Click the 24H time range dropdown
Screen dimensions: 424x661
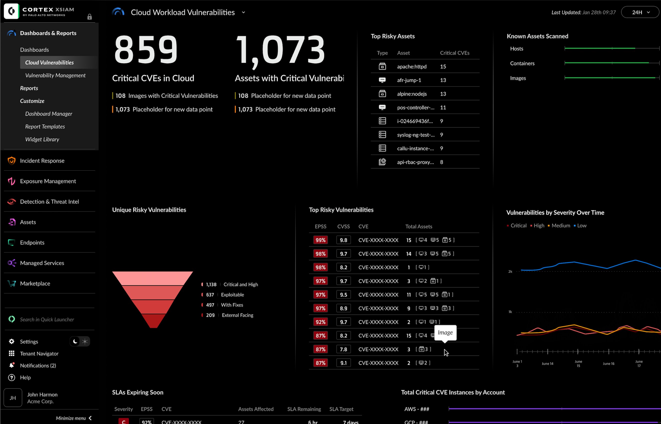[640, 12]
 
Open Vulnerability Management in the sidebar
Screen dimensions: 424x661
[55, 75]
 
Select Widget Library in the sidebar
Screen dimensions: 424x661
[42, 139]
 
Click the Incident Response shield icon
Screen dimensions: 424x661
[11, 160]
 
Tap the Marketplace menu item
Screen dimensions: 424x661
[35, 283]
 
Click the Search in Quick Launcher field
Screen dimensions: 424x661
[47, 319]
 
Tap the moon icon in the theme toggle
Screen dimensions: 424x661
[75, 341]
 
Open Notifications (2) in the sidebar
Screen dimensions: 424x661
[38, 365]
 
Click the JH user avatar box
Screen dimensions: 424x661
[13, 397]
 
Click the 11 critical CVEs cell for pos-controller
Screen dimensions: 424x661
[443, 107]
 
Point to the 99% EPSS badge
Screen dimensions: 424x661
[320, 240]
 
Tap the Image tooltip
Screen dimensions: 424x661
[445, 332]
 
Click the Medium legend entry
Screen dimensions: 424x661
[561, 225]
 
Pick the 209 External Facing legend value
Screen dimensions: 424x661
[210, 315]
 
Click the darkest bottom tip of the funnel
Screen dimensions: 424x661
[153, 322]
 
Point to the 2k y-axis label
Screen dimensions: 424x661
[510, 271]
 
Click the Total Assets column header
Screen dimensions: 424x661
[418, 226]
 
